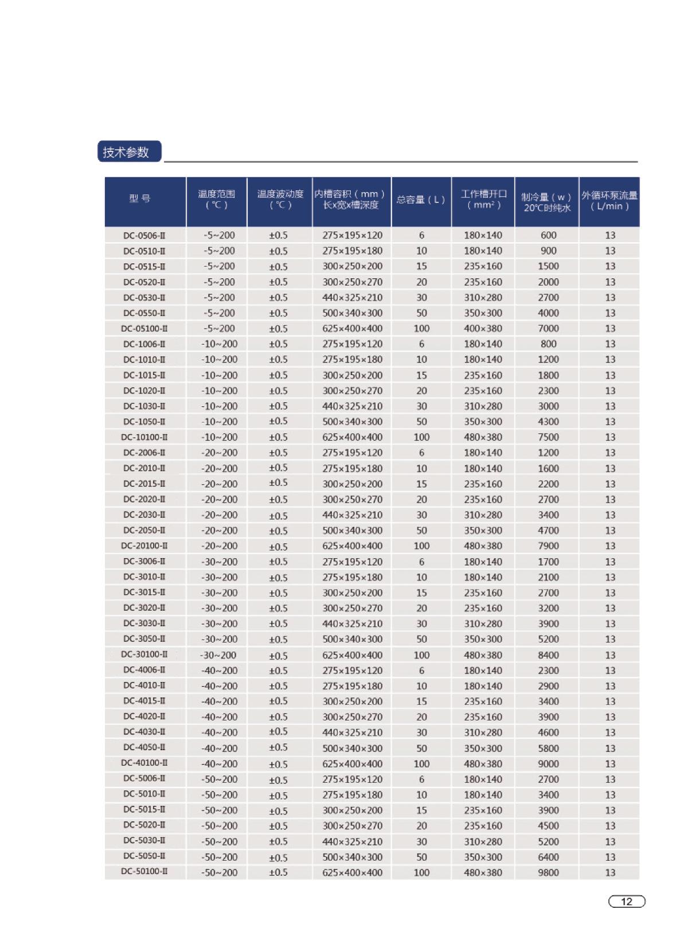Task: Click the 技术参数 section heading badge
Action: [129, 152]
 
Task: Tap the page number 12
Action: [626, 901]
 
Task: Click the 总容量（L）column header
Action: [421, 200]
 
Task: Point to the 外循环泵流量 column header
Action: [609, 200]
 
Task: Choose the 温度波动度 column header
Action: [280, 200]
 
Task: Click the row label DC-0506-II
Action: [144, 235]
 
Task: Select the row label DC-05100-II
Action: [144, 329]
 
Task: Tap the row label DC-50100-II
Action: [144, 872]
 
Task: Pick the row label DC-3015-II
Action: [144, 592]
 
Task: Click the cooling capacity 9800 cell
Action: [548, 872]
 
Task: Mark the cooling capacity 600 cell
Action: [548, 235]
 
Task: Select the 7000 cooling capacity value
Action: [548, 329]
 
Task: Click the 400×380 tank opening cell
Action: [483, 329]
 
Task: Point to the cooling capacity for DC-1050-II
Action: [548, 422]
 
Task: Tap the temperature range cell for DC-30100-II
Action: [218, 655]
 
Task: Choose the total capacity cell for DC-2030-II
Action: [421, 515]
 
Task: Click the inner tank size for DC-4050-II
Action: [352, 748]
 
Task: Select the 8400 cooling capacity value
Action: [548, 655]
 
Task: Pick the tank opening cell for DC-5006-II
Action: [483, 779]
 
